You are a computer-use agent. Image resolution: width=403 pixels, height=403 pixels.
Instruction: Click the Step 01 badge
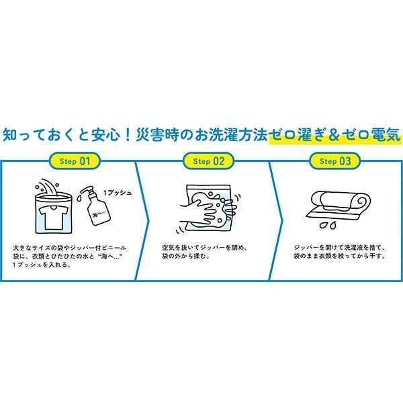click(x=75, y=161)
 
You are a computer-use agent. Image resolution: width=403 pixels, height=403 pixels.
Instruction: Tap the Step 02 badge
click(x=208, y=161)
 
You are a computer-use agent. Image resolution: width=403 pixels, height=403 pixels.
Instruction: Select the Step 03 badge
click(x=335, y=161)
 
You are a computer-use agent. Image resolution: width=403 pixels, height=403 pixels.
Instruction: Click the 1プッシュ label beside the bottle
click(x=118, y=193)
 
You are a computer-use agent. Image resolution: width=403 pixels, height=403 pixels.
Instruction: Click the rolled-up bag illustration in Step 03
click(x=339, y=206)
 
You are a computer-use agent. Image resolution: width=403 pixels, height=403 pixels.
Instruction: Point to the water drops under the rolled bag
click(x=328, y=224)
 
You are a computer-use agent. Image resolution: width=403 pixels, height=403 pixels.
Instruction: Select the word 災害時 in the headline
click(x=157, y=134)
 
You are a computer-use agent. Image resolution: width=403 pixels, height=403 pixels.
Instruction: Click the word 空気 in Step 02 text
click(x=169, y=248)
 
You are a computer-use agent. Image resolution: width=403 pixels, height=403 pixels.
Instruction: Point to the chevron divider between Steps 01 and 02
click(x=142, y=220)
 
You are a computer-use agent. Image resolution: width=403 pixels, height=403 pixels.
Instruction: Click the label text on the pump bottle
click(x=99, y=213)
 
